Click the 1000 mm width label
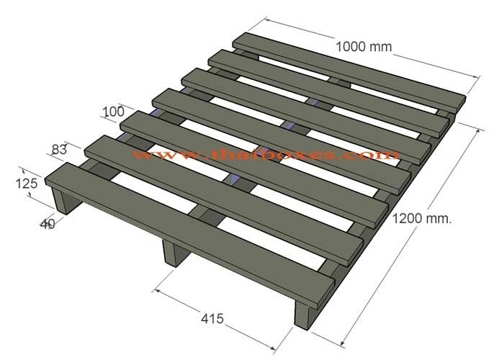364,48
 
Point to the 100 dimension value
113,112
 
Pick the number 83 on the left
61,150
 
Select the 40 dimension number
48,224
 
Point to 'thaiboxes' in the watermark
284,154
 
